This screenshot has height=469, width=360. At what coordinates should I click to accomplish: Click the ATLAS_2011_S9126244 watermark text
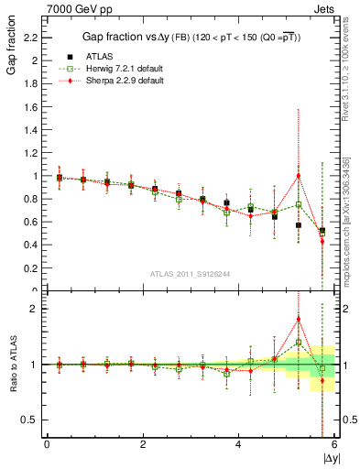pyautogui.click(x=190, y=273)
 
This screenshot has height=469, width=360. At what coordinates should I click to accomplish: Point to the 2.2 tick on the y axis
pyautogui.click(x=36, y=38)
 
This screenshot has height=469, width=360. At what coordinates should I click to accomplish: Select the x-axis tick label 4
pyautogui.click(x=238, y=444)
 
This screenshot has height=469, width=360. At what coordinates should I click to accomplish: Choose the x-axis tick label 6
pyautogui.click(x=334, y=444)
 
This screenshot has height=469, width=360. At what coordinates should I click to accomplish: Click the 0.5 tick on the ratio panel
pyautogui.click(x=34, y=420)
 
